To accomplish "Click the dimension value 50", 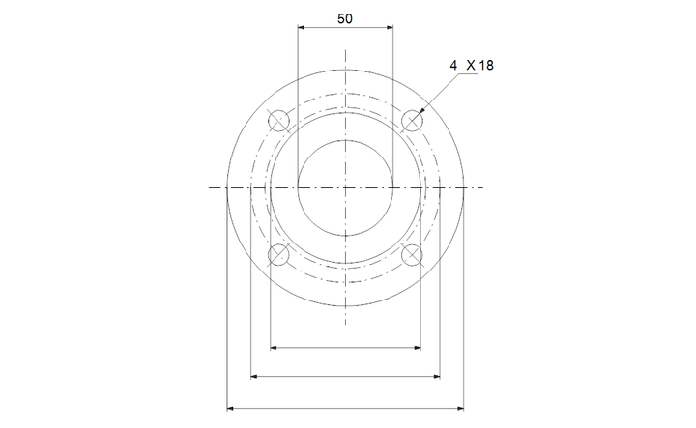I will click(345, 18).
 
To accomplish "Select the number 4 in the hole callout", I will click(453, 65).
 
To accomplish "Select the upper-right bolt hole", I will click(413, 120).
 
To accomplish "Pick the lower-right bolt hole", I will click(413, 255).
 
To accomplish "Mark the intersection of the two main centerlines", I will click(345, 187).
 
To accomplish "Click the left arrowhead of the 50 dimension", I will click(301, 28).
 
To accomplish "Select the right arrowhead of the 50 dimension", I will click(390, 28).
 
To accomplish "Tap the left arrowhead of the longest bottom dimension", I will click(230, 409).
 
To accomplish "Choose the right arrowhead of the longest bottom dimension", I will click(460, 409).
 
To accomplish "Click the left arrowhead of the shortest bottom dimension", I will click(274, 345).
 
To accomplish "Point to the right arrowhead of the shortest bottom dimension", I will click(419, 345).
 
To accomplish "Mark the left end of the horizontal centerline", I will click(210, 187).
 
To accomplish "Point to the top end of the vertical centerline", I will click(345, 45).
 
